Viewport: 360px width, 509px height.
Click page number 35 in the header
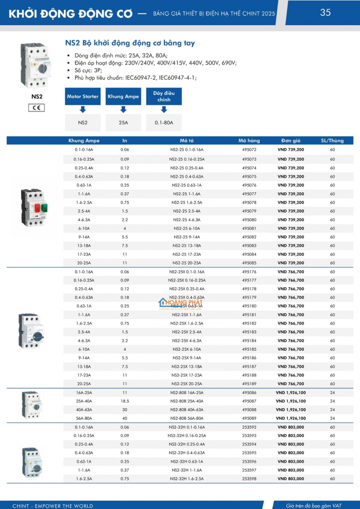(325, 13)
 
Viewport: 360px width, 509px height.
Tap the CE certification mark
(36, 108)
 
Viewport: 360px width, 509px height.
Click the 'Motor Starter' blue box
(83, 97)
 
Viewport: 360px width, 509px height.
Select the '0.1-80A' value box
(164, 122)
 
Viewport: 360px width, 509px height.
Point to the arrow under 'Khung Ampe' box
(123, 110)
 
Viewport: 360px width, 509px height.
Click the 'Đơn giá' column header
(291, 141)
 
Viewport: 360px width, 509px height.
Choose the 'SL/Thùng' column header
(332, 141)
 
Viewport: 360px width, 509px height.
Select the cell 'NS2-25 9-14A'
(187, 237)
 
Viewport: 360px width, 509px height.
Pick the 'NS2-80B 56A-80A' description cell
(187, 418)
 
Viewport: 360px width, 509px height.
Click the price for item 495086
(291, 393)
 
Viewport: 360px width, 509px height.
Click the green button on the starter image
(45, 207)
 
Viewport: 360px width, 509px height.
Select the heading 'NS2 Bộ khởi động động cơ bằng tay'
(130, 44)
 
